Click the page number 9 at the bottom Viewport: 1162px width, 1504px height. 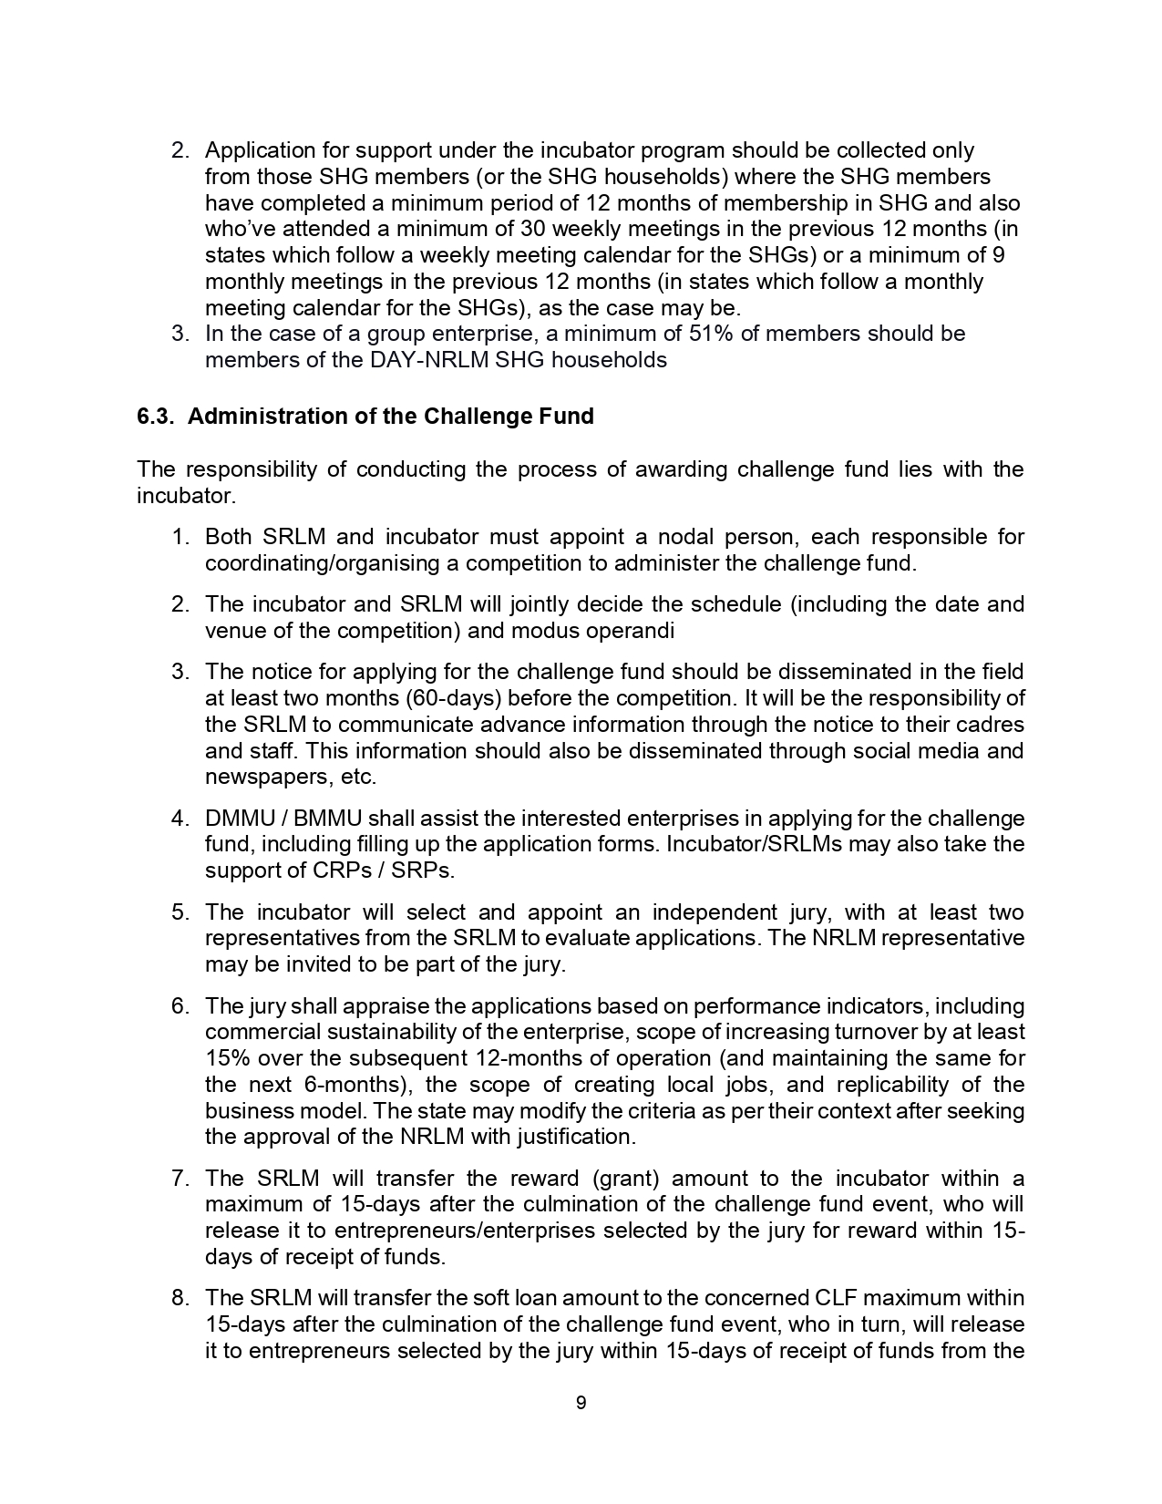[x=581, y=1403]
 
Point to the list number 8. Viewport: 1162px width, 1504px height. [x=180, y=1298]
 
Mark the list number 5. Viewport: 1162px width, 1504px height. [x=180, y=912]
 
